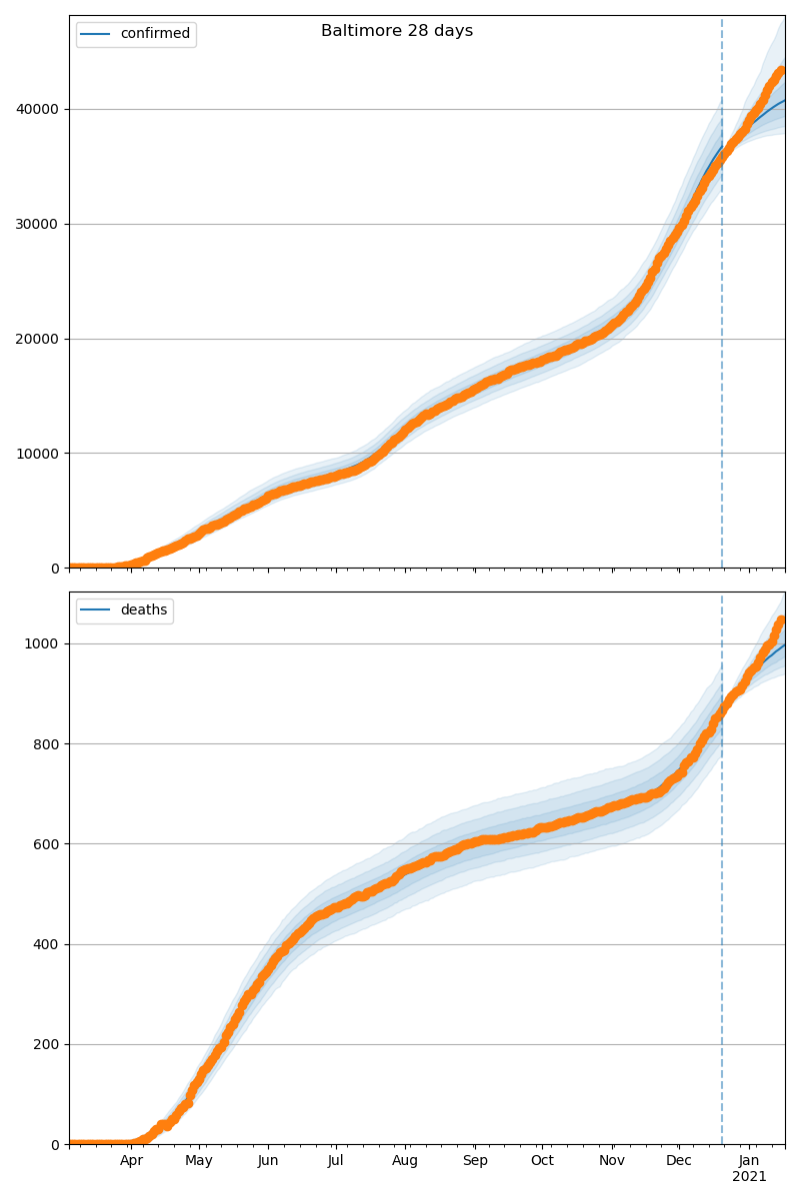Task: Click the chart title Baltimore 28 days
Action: coord(397,31)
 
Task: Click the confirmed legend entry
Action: coord(154,34)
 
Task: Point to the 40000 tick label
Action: coord(39,109)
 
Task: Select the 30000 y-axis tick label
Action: coord(39,224)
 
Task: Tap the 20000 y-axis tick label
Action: coord(39,339)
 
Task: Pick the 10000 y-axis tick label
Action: coord(39,454)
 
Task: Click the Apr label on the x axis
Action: coord(132,1161)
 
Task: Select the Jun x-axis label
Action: coord(268,1161)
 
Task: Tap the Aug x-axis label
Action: coord(405,1161)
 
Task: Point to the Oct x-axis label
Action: coord(542,1161)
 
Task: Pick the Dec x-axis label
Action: coord(679,1161)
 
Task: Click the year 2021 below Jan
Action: coord(749,1177)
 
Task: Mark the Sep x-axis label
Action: coord(475,1161)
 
